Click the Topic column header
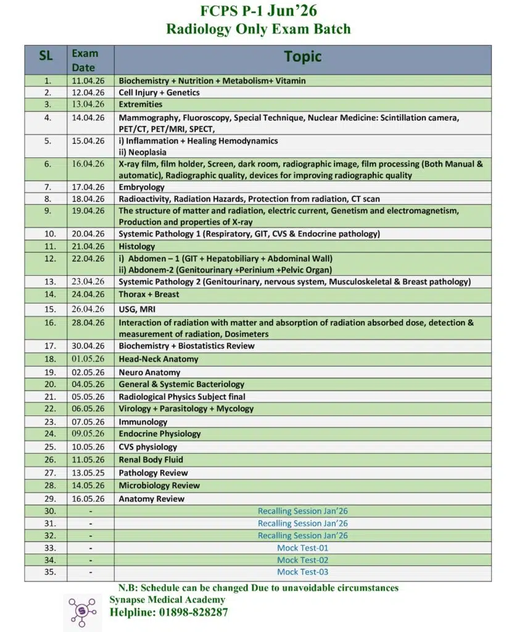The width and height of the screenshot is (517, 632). pyautogui.click(x=302, y=57)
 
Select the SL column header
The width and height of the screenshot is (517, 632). pyautogui.click(x=46, y=56)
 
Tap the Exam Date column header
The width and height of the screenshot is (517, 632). pyautogui.click(x=85, y=60)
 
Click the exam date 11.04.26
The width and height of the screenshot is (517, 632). pyautogui.click(x=88, y=80)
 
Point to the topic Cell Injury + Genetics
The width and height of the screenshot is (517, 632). pyautogui.click(x=159, y=93)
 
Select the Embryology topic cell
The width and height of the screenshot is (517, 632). pyautogui.click(x=142, y=187)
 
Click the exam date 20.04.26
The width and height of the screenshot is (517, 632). pyautogui.click(x=88, y=234)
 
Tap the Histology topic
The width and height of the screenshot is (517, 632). pyautogui.click(x=137, y=246)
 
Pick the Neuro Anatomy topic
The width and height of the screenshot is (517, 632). pyautogui.click(x=149, y=372)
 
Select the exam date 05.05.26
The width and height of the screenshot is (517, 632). pyautogui.click(x=88, y=397)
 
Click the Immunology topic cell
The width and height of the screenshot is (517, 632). pyautogui.click(x=143, y=422)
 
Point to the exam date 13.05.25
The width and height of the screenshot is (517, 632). pyautogui.click(x=88, y=473)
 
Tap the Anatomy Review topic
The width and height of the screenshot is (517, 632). pyautogui.click(x=152, y=499)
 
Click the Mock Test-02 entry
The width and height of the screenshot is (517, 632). pyautogui.click(x=302, y=560)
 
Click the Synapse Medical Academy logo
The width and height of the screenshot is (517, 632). pyautogui.click(x=82, y=612)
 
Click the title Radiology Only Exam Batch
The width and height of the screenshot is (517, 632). pyautogui.click(x=258, y=28)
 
